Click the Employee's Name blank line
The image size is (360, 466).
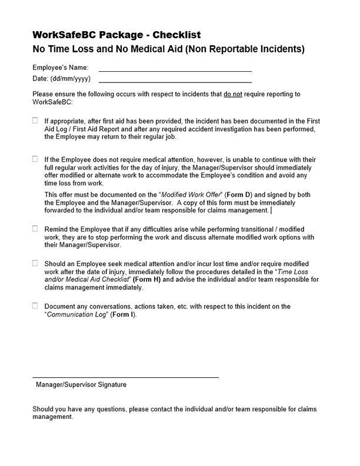tap(175, 70)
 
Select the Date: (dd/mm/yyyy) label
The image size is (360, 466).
tap(61, 79)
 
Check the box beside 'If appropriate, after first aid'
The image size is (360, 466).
tap(35, 121)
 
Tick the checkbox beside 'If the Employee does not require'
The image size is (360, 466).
tap(35, 159)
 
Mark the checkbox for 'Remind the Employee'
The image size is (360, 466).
tap(35, 228)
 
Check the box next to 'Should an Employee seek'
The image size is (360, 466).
tap(35, 263)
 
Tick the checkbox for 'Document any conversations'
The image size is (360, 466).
tap(35, 306)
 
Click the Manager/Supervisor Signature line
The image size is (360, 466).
tap(125, 377)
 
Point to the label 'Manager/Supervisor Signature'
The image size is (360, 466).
tap(81, 385)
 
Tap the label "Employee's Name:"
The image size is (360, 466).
tap(60, 68)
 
